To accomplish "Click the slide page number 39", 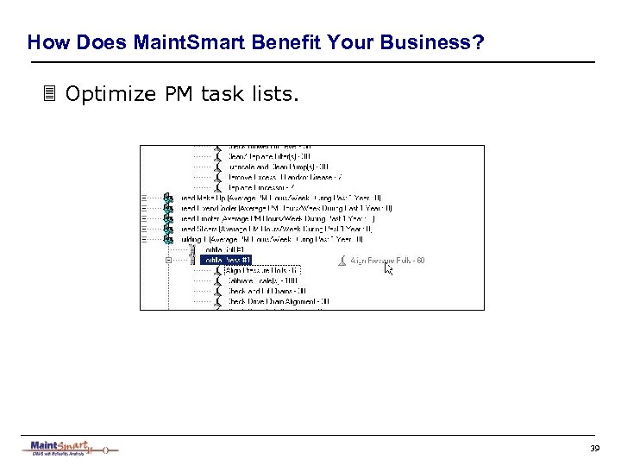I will coord(594,449).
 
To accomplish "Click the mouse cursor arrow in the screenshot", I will coord(388,268).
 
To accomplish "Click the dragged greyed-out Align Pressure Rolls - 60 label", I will coord(386,260).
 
